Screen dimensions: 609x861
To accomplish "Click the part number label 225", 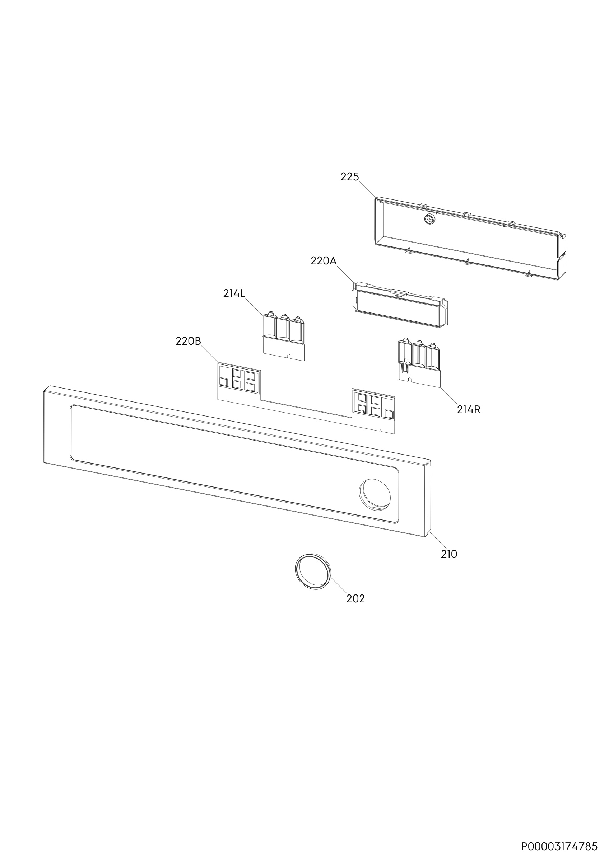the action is (x=350, y=177).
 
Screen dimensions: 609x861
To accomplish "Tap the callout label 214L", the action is (x=234, y=293).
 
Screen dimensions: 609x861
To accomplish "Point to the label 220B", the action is (x=189, y=341).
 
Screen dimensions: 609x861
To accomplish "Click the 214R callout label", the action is (x=468, y=409).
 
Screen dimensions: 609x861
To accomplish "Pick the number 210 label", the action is (x=449, y=564).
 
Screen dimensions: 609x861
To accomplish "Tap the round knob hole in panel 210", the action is (x=375, y=494).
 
